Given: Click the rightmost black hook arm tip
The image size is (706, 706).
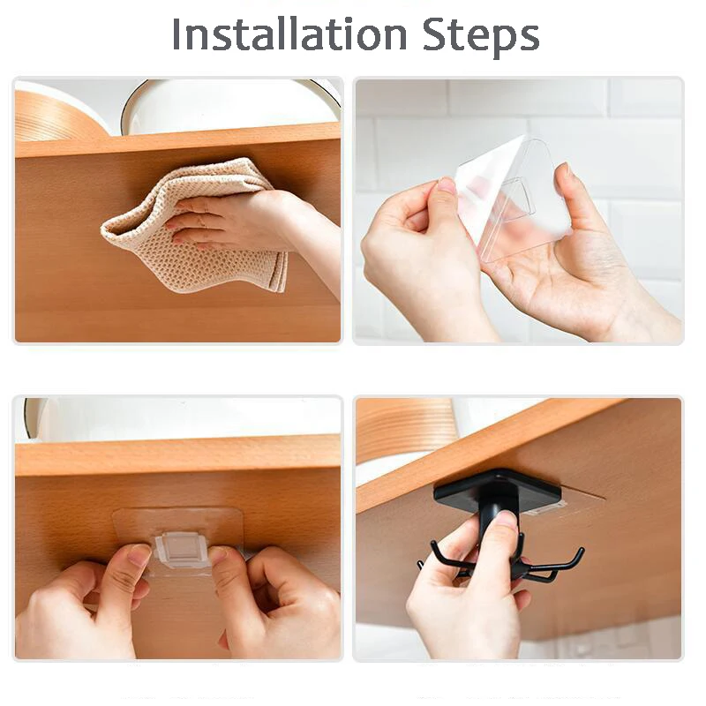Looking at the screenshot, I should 579,552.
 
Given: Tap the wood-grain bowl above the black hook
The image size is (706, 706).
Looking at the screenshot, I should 406,428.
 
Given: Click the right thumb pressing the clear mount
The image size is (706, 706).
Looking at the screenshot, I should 221,565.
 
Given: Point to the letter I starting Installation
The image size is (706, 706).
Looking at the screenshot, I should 177,34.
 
